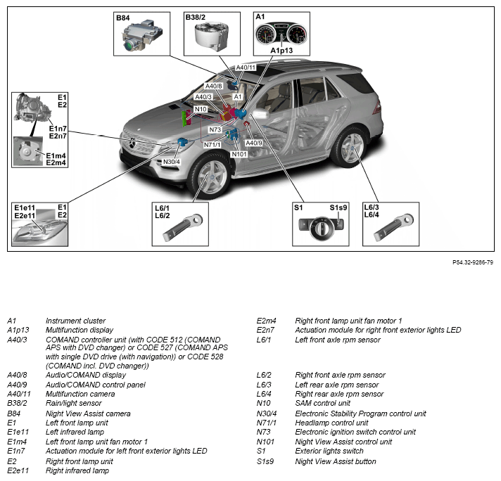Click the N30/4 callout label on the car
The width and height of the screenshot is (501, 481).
[x=172, y=162]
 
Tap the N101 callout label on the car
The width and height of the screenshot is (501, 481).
[x=239, y=153]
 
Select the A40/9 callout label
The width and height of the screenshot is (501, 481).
[x=254, y=143]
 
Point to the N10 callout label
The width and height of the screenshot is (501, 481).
[x=201, y=110]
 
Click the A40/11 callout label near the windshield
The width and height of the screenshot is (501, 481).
[x=246, y=68]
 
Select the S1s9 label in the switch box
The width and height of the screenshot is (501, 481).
[x=338, y=207]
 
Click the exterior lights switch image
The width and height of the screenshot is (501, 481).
[x=320, y=229]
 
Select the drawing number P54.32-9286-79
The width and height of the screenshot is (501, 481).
[x=473, y=262]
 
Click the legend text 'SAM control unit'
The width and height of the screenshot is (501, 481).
[x=323, y=403]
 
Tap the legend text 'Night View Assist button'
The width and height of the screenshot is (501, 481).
[x=336, y=461]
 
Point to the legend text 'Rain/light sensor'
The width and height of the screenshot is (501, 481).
[x=75, y=404]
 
